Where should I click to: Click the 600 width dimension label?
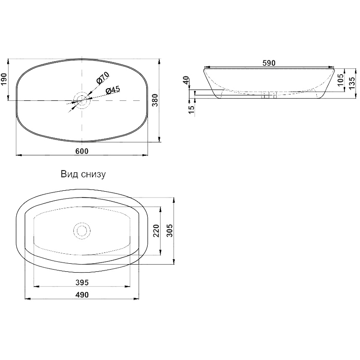(x=82, y=151)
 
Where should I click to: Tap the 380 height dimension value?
(x=155, y=100)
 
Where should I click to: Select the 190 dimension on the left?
(x=4, y=80)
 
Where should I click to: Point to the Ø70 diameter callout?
(x=103, y=78)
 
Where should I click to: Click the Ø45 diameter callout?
(x=113, y=90)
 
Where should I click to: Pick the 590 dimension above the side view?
(x=269, y=63)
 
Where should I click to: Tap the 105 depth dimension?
(x=341, y=80)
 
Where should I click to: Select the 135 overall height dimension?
(x=351, y=83)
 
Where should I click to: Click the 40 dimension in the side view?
(x=186, y=81)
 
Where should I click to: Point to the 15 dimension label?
(x=191, y=109)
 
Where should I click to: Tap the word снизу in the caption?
(x=94, y=175)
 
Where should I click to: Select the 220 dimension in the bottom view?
(x=156, y=231)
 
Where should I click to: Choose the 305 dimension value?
(x=170, y=230)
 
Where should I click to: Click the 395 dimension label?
(x=82, y=283)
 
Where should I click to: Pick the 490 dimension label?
(x=82, y=295)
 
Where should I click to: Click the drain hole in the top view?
(x=82, y=100)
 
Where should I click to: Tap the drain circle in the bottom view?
(x=82, y=231)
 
